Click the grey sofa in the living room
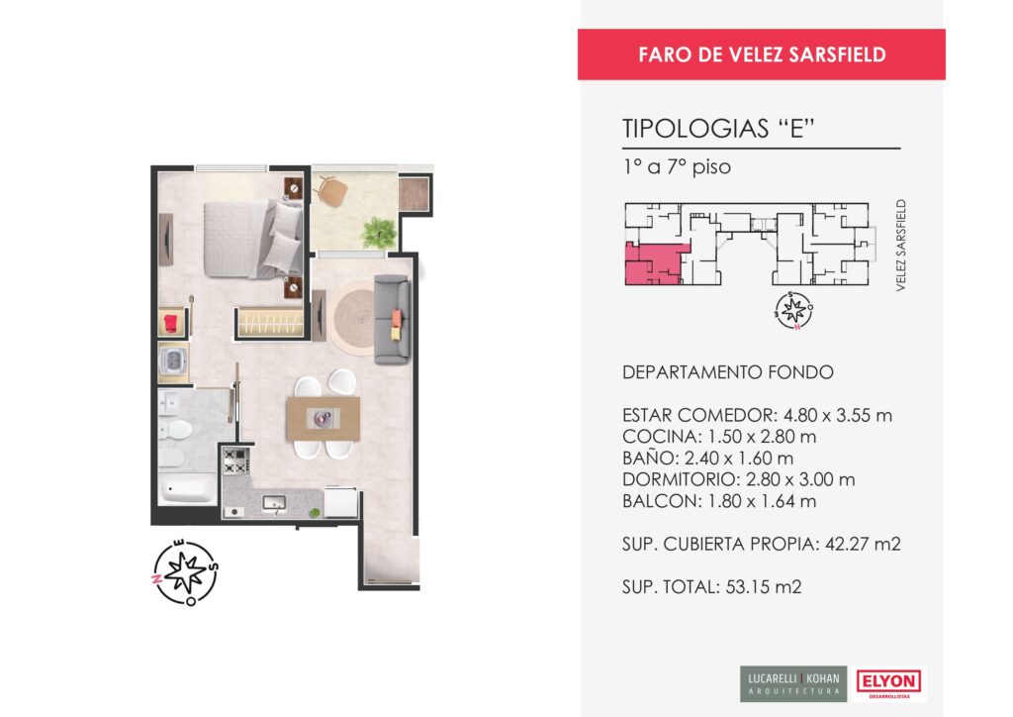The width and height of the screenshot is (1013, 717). (x=392, y=320)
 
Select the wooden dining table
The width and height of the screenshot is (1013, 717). (x=323, y=418)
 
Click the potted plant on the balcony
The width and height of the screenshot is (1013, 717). (x=378, y=232)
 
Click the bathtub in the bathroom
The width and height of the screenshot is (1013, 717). (x=187, y=489)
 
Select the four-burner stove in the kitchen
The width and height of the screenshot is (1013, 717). (x=235, y=461)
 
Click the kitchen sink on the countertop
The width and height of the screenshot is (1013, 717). (x=274, y=502)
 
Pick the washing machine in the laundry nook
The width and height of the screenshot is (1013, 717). (x=174, y=362)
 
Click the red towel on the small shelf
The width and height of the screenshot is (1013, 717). (x=171, y=323)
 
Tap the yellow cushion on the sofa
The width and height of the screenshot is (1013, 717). (x=396, y=333)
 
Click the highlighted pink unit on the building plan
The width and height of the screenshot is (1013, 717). (x=653, y=264)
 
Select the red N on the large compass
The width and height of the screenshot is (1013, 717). (x=156, y=579)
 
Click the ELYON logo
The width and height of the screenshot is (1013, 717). (x=889, y=682)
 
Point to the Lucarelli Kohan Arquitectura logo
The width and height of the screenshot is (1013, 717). (x=793, y=683)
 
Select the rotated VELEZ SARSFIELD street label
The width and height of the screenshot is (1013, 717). (x=900, y=245)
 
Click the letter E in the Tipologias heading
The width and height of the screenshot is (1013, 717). (x=797, y=128)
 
